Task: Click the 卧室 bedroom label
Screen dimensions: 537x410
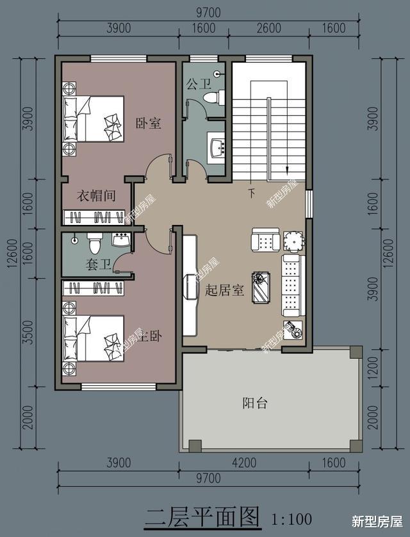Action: point(148,123)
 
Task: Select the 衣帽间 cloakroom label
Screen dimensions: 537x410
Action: point(96,195)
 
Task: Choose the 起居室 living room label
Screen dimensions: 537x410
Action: point(224,290)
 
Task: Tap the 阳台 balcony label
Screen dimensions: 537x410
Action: point(254,403)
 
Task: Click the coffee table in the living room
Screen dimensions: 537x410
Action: point(262,286)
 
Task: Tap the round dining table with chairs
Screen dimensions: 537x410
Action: point(293,241)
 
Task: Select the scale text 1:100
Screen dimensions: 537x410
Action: point(291,518)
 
